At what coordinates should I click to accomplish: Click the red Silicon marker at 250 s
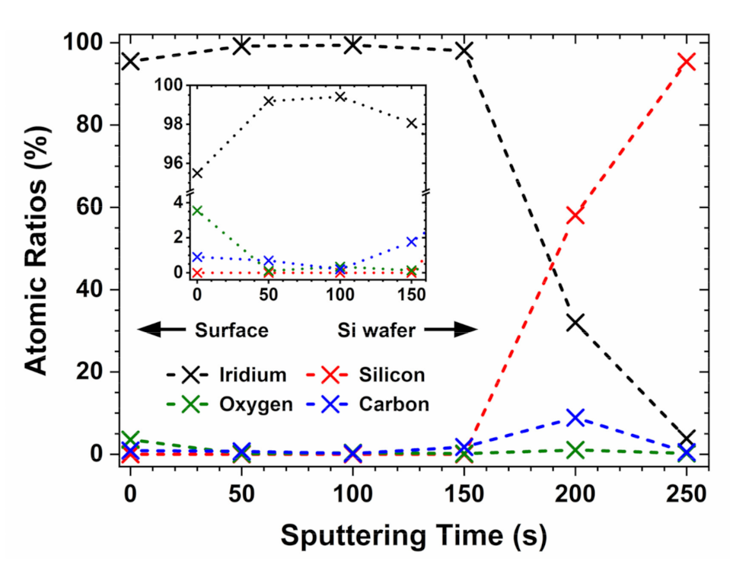(686, 62)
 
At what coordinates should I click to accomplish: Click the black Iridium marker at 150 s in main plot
(464, 51)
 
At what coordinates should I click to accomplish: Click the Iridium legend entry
(228, 375)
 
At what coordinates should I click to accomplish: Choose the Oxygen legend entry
(228, 404)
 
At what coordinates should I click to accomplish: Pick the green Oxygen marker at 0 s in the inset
(197, 210)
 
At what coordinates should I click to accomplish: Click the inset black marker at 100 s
(340, 97)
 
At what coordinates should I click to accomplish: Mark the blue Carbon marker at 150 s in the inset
(412, 241)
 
